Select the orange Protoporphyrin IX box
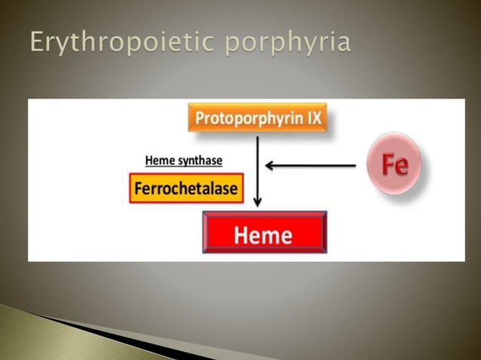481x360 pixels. pos(257,118)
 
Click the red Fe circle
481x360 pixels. pos(394,164)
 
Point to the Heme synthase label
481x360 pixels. pos(183,160)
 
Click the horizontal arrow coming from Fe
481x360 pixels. pos(313,165)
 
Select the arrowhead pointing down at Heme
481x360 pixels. pos(257,202)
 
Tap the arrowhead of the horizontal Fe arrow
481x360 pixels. pos(270,165)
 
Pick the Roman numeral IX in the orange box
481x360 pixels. pos(313,118)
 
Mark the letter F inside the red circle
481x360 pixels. pos(386,164)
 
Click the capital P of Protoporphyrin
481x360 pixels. pos(200,118)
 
